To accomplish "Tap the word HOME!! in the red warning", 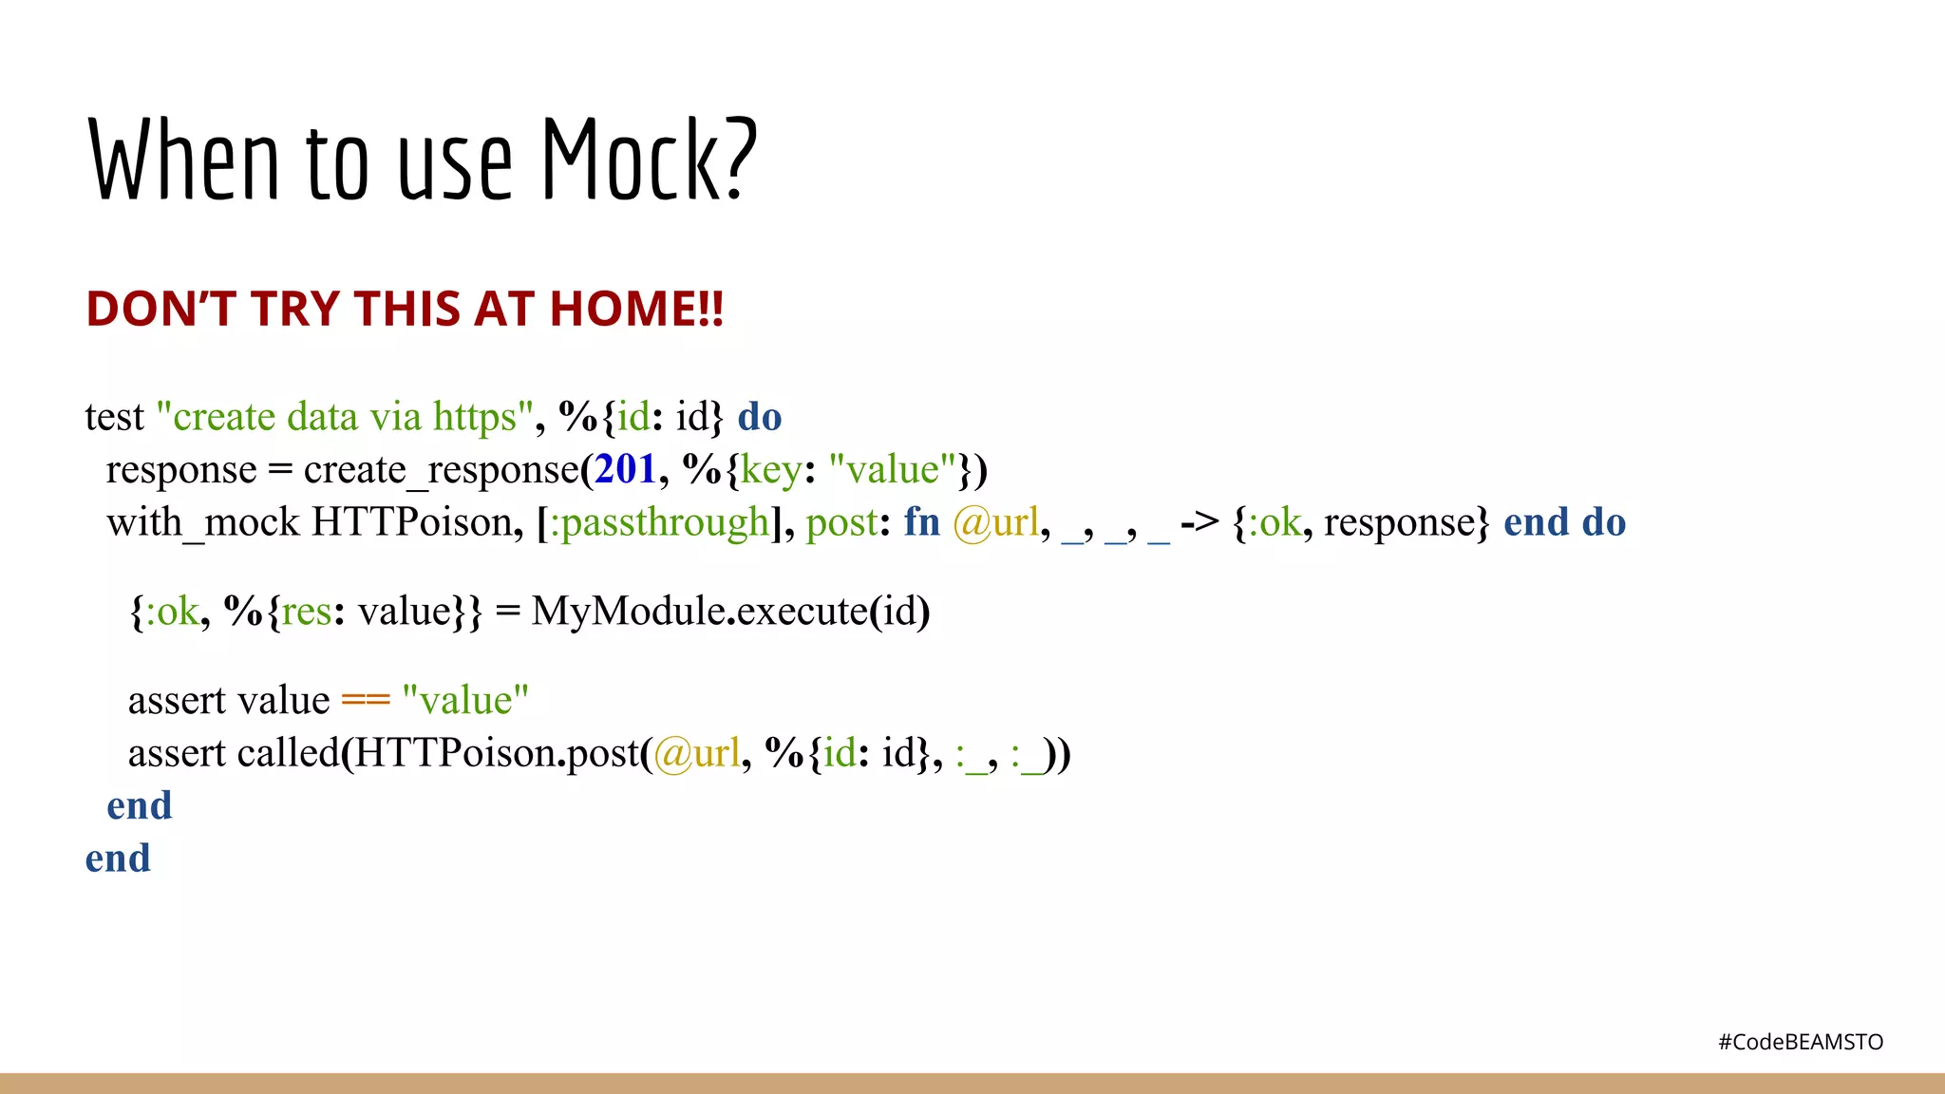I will coord(636,310).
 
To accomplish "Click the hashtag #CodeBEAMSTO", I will coord(1801,1042).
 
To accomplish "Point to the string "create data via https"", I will coord(343,417).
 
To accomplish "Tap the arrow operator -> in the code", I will coord(1199,522).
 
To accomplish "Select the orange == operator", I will coord(366,701).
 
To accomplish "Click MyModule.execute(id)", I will coord(730,612).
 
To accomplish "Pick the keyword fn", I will coord(921,523).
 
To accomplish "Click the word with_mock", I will coord(203,523).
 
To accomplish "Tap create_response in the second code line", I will coord(441,470).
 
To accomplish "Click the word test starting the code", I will coord(114,418).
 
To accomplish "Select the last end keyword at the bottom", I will coord(118,859).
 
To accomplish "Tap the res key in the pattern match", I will coord(306,612).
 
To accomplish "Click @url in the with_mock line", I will coord(996,523).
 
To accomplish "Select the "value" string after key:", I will coord(892,470).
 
